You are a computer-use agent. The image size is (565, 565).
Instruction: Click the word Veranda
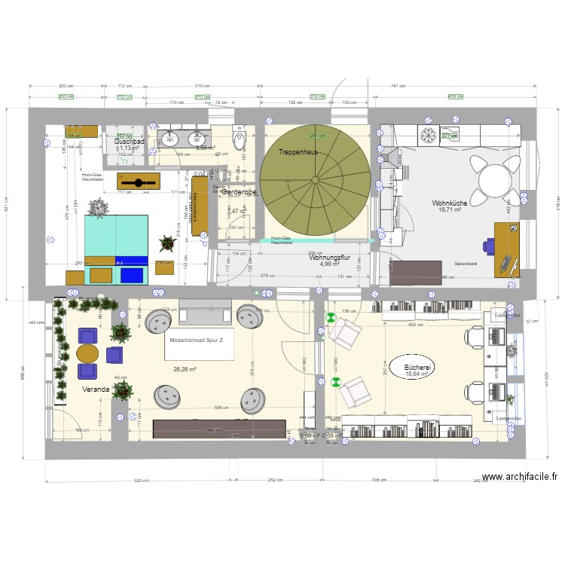coord(96,389)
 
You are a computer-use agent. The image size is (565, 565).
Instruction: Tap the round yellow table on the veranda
coord(87,353)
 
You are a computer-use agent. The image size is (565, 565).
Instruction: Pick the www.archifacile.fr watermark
coord(519,477)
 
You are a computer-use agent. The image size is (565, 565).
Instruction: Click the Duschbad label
coord(130,141)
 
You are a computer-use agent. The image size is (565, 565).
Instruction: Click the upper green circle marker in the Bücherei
coord(330,318)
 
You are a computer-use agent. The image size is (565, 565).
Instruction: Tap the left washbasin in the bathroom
coord(170,138)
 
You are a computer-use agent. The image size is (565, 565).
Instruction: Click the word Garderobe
coord(239,193)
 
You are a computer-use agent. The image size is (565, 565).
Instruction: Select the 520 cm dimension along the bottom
coord(119,480)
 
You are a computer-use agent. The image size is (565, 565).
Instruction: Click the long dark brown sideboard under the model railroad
coord(219,429)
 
